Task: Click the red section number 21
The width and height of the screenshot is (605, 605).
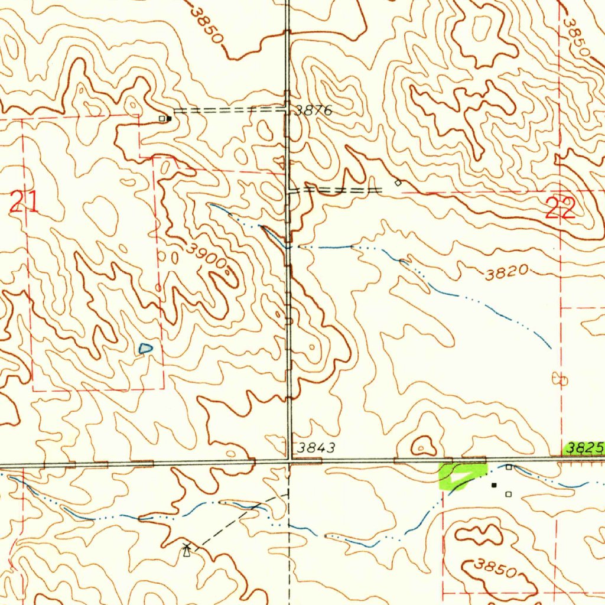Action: point(24,203)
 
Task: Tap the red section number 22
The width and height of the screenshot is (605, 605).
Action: point(560,209)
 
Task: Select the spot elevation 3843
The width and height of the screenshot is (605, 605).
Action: point(316,448)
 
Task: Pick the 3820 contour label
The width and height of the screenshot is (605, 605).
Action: point(507,272)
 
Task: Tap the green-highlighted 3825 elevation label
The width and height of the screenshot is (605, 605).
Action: point(584,448)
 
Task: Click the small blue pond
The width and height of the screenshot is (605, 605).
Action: point(145,349)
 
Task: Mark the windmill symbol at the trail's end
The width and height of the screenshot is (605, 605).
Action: point(187,550)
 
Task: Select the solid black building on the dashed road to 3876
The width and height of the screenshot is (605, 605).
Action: point(169,118)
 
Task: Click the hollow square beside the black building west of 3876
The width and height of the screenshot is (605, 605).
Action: point(161,118)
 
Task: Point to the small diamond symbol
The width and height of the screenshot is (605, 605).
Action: point(398,183)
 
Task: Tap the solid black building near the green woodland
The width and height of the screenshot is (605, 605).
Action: point(495,485)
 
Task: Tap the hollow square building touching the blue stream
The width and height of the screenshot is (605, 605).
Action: point(509,467)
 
